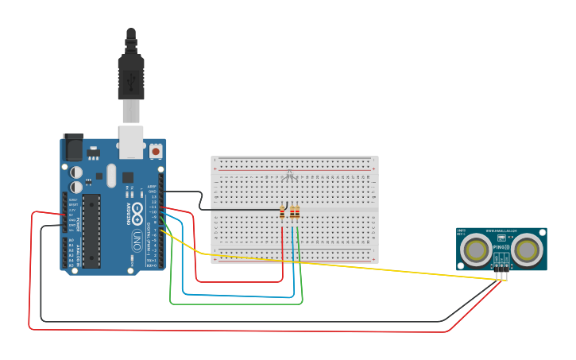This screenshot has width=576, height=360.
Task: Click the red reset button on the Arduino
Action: coord(156,150)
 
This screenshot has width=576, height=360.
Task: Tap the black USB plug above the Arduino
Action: coord(131,76)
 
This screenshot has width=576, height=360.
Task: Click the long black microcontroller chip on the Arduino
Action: coord(91,230)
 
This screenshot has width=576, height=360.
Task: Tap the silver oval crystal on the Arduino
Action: coord(111,176)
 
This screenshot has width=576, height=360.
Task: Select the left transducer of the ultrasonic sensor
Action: coord(477,250)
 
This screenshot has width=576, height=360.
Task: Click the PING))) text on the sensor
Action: coord(501,248)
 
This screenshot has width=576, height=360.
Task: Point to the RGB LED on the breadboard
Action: coord(290,176)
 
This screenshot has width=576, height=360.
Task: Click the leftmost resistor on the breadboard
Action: coord(283,212)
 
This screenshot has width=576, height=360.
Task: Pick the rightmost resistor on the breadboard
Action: coord(298,212)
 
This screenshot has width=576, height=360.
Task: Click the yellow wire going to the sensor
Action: coord(358,266)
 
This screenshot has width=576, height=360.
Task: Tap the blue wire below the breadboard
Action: coord(238,295)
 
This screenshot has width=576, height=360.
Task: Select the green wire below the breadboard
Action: coord(238,304)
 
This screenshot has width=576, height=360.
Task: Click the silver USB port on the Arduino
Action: coord(131,141)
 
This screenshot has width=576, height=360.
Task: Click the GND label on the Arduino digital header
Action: coord(151,192)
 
